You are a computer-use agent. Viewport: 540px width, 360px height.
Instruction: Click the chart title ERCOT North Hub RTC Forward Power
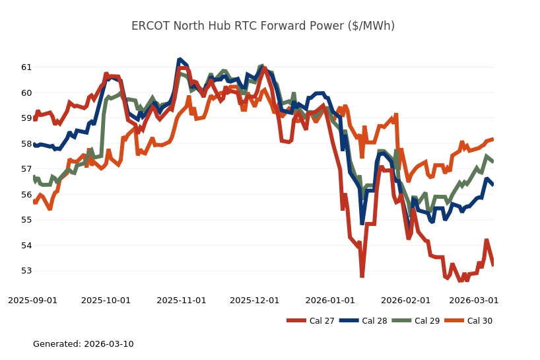click(263, 26)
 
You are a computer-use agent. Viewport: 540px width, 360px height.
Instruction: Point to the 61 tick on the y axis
click(26, 67)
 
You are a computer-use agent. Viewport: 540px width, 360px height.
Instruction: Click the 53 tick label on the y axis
click(26, 271)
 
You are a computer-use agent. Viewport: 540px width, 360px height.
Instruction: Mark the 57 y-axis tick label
click(26, 169)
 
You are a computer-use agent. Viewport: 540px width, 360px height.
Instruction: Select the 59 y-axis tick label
click(26, 118)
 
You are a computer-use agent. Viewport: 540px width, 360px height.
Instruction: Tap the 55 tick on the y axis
click(26, 220)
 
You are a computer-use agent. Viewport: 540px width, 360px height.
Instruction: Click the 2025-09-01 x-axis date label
click(33, 300)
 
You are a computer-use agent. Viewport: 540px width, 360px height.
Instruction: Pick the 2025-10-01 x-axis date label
click(106, 300)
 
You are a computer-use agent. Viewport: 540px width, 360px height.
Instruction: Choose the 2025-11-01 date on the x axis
click(182, 300)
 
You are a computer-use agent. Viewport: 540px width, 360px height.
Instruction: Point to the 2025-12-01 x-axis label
click(255, 300)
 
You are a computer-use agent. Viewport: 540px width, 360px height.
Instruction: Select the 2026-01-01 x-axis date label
click(330, 300)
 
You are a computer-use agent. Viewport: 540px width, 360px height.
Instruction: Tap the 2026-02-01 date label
click(405, 300)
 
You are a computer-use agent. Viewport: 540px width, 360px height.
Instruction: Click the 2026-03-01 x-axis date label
click(473, 300)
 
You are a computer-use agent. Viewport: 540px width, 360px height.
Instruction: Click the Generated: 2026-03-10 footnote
click(83, 344)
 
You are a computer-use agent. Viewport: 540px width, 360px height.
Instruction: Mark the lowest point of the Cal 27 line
click(362, 276)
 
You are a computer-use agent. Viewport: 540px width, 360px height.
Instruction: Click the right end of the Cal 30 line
click(493, 139)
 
